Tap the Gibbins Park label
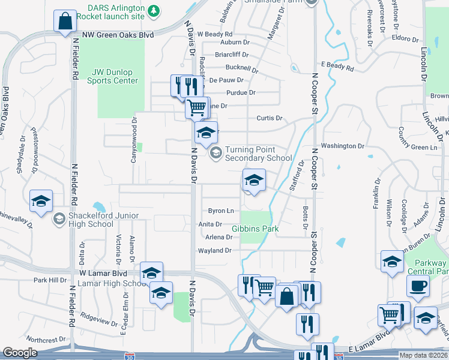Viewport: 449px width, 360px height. [x=256, y=229]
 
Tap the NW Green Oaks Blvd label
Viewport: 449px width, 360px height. [x=118, y=35]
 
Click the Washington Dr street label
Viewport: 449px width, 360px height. [x=342, y=146]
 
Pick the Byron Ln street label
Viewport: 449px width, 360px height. [x=221, y=211]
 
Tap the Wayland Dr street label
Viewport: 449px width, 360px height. [x=215, y=250]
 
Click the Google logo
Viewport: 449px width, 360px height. [x=20, y=353]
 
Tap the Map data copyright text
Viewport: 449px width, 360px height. [x=423, y=355]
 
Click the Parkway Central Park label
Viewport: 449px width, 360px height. [x=430, y=268]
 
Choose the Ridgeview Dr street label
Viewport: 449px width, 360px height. [x=99, y=318]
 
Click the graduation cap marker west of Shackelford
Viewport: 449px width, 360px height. [x=41, y=202]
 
